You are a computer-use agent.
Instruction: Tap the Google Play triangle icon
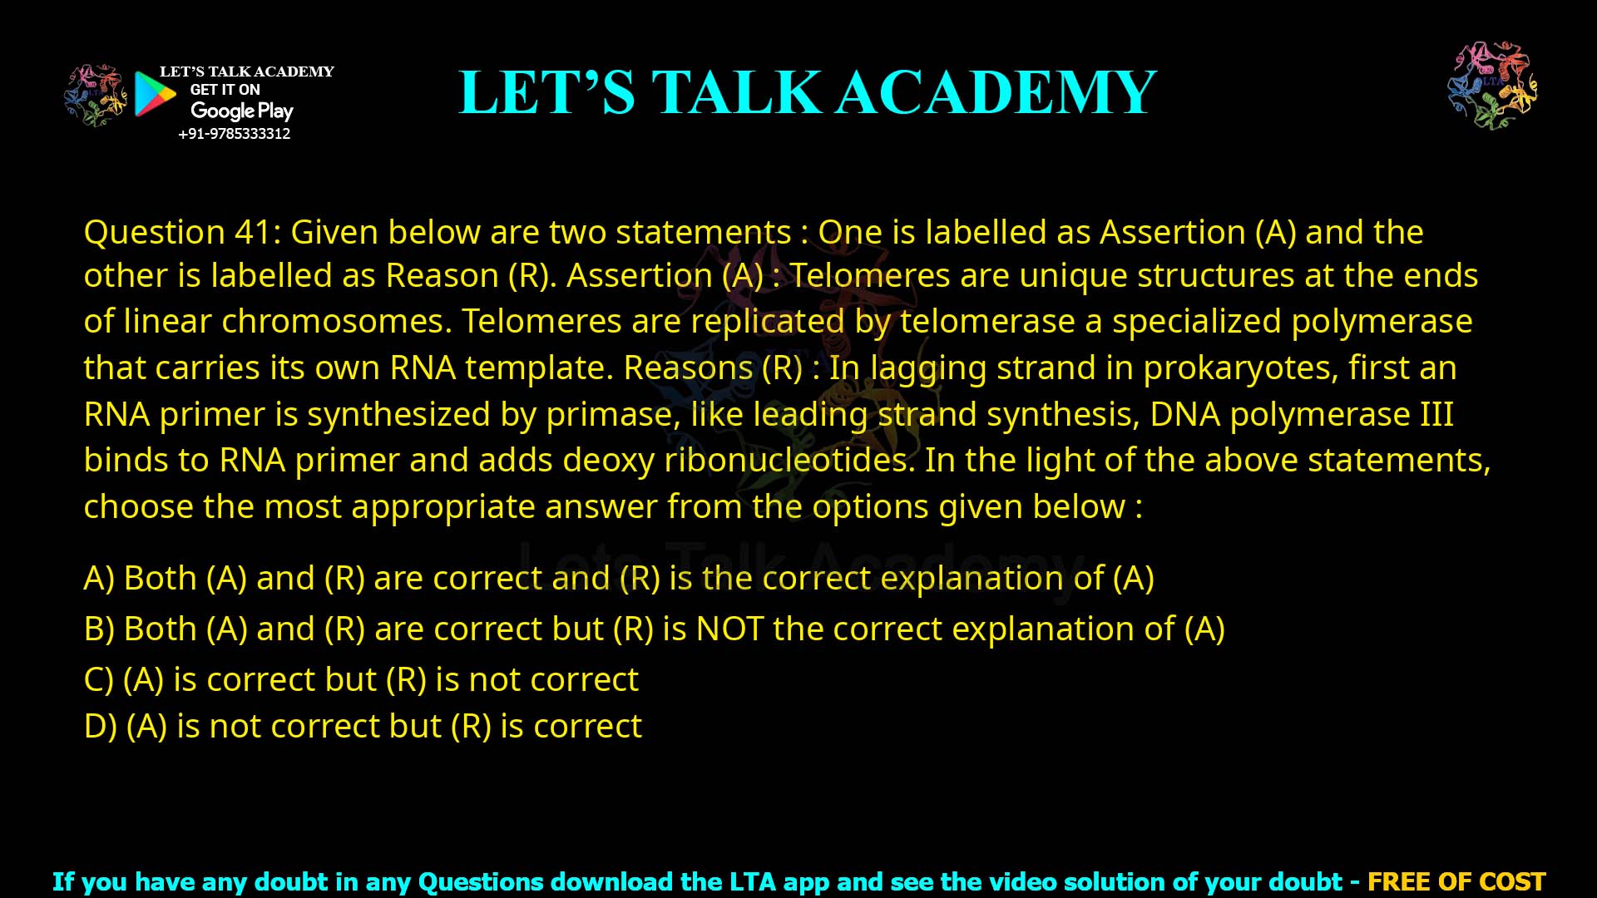click(154, 94)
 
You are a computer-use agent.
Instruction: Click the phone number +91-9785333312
click(234, 134)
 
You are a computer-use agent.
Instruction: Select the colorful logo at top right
click(1492, 86)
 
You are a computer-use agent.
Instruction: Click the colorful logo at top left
click(96, 96)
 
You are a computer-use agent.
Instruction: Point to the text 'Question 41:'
click(182, 232)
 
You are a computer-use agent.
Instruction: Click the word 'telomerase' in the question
click(987, 322)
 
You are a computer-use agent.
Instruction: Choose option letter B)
click(99, 629)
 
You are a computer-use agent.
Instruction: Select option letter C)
click(98, 680)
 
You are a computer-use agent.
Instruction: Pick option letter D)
click(100, 727)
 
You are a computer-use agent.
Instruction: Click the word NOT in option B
click(729, 629)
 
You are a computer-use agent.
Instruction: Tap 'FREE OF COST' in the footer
click(1456, 881)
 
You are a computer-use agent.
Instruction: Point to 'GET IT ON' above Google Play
click(225, 90)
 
